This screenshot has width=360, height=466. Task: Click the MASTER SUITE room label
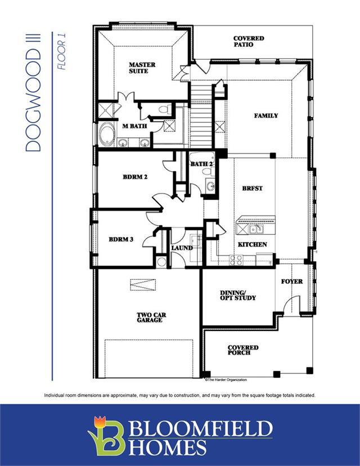pyautogui.click(x=142, y=68)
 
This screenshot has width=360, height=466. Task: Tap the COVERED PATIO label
pyautogui.click(x=249, y=41)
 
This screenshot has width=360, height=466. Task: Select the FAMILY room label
pyautogui.click(x=266, y=115)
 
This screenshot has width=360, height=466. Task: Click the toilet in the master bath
pyautogui.click(x=165, y=109)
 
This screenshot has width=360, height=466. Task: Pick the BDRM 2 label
pyautogui.click(x=135, y=177)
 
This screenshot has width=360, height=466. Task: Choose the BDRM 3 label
pyautogui.click(x=121, y=239)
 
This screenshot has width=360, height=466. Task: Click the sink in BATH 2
pyautogui.click(x=210, y=186)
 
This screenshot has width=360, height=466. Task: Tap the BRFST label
pyautogui.click(x=252, y=189)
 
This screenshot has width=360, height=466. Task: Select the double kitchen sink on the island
pyautogui.click(x=256, y=229)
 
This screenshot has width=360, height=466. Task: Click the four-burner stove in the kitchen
pyautogui.click(x=236, y=260)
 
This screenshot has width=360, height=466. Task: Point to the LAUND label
pyautogui.click(x=182, y=248)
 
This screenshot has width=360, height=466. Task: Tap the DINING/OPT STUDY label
pyautogui.click(x=237, y=295)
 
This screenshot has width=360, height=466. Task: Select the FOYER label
pyautogui.click(x=292, y=281)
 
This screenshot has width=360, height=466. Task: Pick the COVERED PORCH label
pyautogui.click(x=243, y=350)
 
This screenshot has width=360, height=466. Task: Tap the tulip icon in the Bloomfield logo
pyautogui.click(x=100, y=423)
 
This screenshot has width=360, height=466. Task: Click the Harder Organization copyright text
pyautogui.click(x=226, y=379)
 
